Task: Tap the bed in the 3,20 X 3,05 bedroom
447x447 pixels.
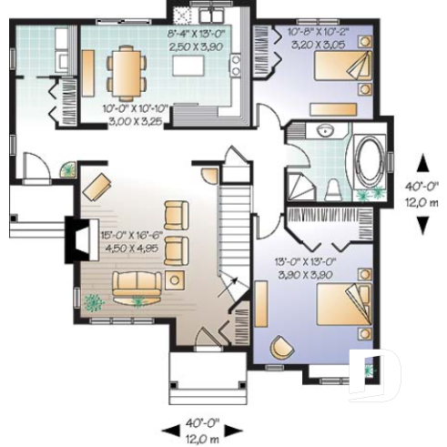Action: tap(342, 68)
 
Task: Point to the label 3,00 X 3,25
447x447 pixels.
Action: tap(127, 118)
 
